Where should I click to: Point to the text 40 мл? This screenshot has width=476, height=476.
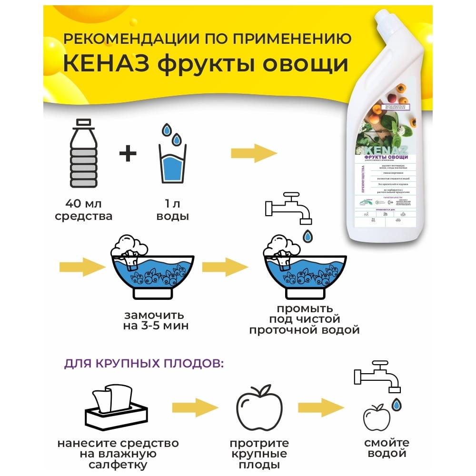[83, 203]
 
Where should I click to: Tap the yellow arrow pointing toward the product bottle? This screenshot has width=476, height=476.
[254, 153]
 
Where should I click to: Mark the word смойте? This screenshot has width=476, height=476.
[386, 443]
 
